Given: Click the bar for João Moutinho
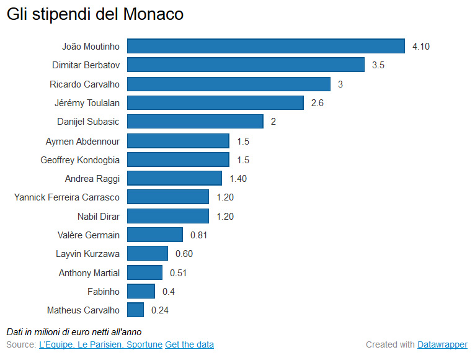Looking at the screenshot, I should tap(265, 46).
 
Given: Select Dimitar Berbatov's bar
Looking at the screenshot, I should tap(246, 65).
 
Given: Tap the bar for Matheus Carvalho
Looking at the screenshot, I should tap(135, 310).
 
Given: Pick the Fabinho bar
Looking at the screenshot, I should tap(141, 291).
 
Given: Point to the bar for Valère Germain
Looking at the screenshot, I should tap(155, 235).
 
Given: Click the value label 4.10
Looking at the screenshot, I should tap(421, 47).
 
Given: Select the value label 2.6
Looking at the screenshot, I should tap(317, 103).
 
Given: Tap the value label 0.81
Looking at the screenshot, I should tap(198, 235).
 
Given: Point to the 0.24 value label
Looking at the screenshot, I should tap(159, 310).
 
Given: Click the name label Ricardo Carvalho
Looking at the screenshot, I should tap(85, 84).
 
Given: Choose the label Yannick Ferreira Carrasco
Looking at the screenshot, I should tap(67, 197).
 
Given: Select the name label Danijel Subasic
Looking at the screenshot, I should tap(88, 122).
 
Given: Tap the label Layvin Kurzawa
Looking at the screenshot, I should tap(87, 254).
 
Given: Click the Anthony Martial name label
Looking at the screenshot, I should tap(89, 272).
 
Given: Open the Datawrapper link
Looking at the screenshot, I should tap(442, 344).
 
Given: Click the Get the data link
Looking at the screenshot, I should tap(189, 344).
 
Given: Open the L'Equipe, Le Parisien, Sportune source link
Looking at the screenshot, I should tap(100, 344).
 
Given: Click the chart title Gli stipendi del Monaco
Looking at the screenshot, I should tap(95, 14).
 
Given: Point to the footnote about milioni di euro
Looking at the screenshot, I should tap(74, 332).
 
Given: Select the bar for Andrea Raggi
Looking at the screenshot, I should tap(174, 178).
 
